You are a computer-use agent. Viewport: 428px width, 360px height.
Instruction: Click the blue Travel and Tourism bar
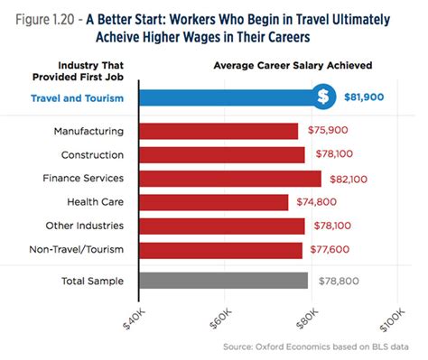point(226,97)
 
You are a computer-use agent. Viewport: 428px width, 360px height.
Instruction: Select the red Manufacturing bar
point(218,132)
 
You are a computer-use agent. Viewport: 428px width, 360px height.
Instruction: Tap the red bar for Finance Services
point(229,178)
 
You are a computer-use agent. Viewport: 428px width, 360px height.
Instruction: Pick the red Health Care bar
point(213,201)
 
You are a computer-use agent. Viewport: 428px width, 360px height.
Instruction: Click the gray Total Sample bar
point(223,282)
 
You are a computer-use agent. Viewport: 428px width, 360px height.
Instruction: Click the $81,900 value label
point(368,97)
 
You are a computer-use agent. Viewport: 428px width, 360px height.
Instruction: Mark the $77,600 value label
point(334,249)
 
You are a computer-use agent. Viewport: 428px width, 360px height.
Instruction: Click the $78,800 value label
point(339,282)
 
